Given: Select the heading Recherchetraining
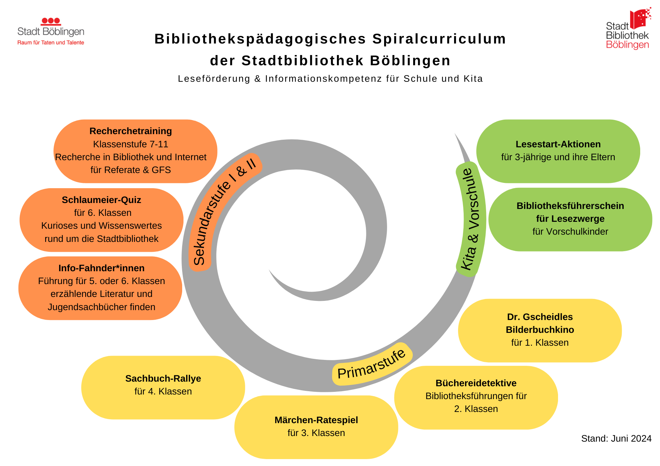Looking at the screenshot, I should pyautogui.click(x=131, y=131).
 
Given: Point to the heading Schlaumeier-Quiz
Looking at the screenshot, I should pyautogui.click(x=101, y=200).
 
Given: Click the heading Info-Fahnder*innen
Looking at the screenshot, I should pyautogui.click(x=101, y=268).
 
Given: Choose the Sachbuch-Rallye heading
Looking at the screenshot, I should pyautogui.click(x=163, y=379).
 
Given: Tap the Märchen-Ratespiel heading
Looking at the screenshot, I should pyautogui.click(x=316, y=420).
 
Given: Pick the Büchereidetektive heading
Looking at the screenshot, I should pyautogui.click(x=476, y=383).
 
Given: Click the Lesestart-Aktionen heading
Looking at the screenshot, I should pyautogui.click(x=558, y=144).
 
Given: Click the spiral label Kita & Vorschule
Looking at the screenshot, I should pyautogui.click(x=470, y=219).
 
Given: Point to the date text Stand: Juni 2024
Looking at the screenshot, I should pyautogui.click(x=616, y=439).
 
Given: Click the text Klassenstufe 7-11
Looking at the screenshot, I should pyautogui.click(x=131, y=144).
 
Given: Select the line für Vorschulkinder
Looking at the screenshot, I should pyautogui.click(x=570, y=232).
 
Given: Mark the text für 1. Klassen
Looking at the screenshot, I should pyautogui.click(x=540, y=343).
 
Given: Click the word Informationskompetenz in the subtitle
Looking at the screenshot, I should pyautogui.click(x=323, y=79).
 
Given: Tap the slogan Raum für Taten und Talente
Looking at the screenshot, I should pyautogui.click(x=51, y=43).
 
